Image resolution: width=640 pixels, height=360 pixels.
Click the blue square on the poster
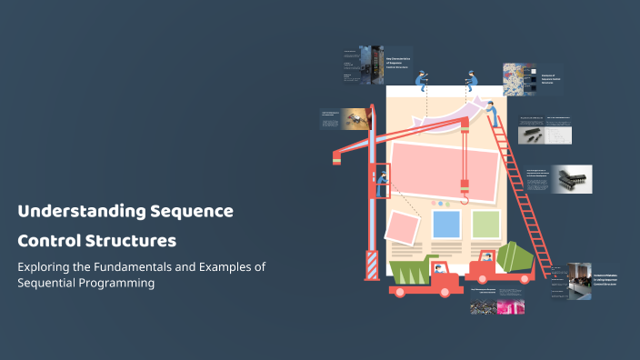click(445, 224)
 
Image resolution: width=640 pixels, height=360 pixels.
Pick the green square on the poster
click(485, 224)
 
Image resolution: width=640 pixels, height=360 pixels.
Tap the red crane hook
click(465, 191)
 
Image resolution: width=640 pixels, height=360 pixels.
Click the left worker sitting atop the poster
click(423, 80)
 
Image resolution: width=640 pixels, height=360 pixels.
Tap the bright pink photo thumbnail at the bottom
click(511, 306)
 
